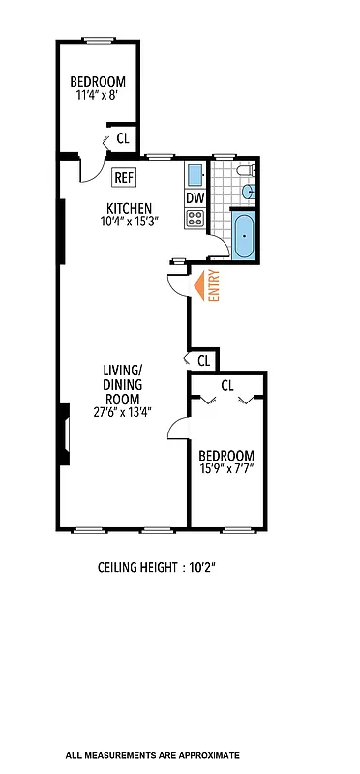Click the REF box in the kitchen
pos(123,177)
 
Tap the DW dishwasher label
pos(195,198)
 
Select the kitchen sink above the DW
pos(195,176)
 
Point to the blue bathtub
pos(243,236)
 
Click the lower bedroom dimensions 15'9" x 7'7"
pos(225,470)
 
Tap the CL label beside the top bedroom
pos(123,138)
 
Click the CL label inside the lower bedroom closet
pos(227,385)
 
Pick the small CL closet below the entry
pos(203,360)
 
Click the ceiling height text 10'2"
pos(156,568)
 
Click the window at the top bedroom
pos(98,40)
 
